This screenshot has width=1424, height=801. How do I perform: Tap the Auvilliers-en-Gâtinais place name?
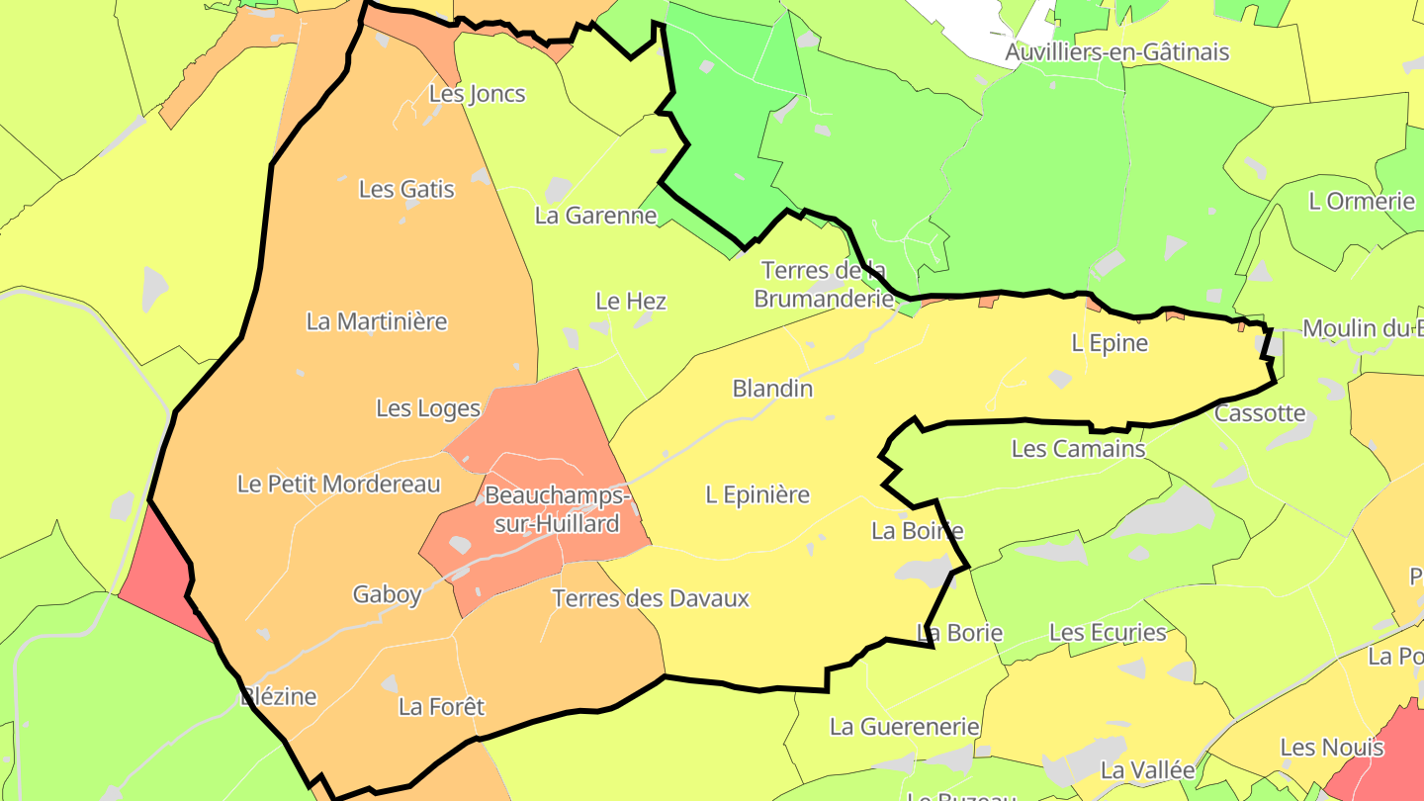click(1116, 51)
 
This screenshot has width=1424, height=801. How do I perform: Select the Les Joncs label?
click(477, 94)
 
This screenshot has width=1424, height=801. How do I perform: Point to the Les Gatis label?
click(406, 189)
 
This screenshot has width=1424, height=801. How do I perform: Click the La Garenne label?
click(595, 215)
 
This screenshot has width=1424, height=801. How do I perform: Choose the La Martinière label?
click(377, 321)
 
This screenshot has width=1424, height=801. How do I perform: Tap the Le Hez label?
click(631, 301)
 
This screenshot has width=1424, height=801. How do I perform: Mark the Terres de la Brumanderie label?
click(824, 284)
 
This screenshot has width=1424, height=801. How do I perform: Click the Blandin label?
click(772, 389)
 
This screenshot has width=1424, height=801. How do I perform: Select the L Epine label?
click(1110, 343)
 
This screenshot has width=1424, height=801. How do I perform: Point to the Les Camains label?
click(1078, 449)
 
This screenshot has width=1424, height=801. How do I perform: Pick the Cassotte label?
click(1260, 413)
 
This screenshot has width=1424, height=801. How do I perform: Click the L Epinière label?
click(757, 494)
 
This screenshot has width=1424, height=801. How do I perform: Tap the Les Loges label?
click(428, 408)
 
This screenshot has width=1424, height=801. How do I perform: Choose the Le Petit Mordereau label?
click(338, 484)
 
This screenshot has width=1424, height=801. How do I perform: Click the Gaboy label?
click(388, 594)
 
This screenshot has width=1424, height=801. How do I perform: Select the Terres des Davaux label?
click(650, 598)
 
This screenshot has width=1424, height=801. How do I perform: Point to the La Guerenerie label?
click(904, 727)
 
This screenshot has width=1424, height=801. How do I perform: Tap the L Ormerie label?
click(1362, 201)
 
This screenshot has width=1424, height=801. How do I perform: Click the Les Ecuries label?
click(1108, 632)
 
